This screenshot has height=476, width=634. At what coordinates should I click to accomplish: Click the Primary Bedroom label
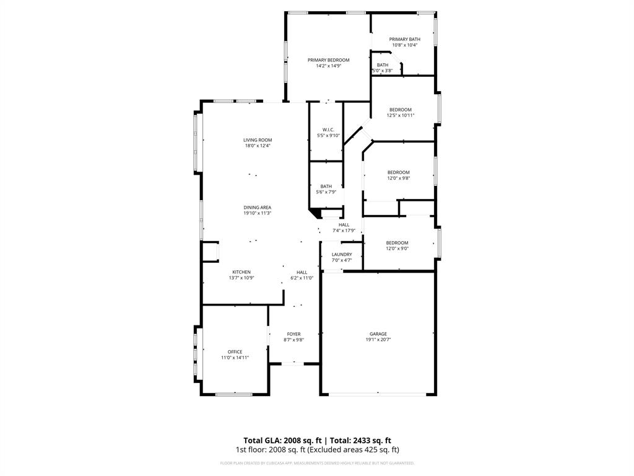(329, 60)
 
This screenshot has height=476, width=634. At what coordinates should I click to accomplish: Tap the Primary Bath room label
(404, 39)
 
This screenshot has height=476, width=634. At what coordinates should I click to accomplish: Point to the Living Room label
(258, 140)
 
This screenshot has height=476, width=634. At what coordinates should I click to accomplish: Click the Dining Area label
(257, 208)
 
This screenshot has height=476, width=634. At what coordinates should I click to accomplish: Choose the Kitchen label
(241, 272)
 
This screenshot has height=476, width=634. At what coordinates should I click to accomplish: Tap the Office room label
(235, 352)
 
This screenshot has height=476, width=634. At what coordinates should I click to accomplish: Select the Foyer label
(293, 334)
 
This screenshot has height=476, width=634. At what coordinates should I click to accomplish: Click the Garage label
(378, 334)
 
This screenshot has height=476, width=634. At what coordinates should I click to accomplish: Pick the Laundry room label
(342, 255)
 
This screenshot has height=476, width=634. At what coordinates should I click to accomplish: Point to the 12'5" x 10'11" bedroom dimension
(401, 115)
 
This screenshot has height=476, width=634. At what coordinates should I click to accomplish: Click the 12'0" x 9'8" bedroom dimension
(399, 178)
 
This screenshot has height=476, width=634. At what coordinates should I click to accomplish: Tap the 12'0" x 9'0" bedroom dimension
(397, 249)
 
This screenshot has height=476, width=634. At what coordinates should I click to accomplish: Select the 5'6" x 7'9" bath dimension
(326, 192)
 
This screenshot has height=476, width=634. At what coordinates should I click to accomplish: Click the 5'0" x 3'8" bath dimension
(382, 71)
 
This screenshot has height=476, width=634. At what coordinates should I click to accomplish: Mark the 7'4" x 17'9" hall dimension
(344, 231)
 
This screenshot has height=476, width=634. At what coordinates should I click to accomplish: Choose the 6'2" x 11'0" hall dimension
(302, 278)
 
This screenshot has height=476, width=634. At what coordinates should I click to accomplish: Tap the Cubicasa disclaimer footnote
(317, 463)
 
